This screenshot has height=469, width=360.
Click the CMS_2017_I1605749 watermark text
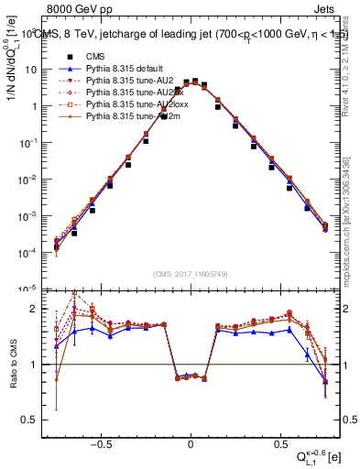point(191,274)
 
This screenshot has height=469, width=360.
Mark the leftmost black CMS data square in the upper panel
point(56,248)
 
